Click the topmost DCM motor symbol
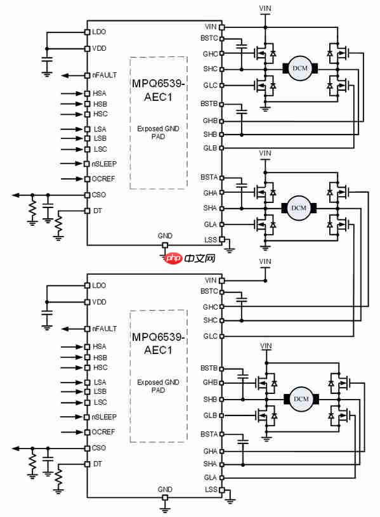click(x=300, y=69)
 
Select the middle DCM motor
click(x=299, y=208)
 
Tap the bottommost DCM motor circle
click(x=301, y=399)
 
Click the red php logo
click(x=173, y=258)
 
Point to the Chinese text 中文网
click(x=200, y=258)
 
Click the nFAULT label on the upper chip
click(x=104, y=75)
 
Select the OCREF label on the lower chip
click(x=103, y=432)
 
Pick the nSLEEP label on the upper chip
click(x=104, y=164)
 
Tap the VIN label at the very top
click(x=265, y=8)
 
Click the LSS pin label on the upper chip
click(x=211, y=240)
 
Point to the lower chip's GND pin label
click(x=165, y=489)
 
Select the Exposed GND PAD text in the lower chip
click(x=159, y=386)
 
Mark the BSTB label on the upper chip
click(x=209, y=104)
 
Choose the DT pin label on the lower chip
click(x=98, y=464)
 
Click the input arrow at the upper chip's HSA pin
click(x=72, y=94)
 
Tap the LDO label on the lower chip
click(x=99, y=285)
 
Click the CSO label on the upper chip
click(x=99, y=195)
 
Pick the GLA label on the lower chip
click(x=211, y=478)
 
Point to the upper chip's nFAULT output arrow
click(x=73, y=75)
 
